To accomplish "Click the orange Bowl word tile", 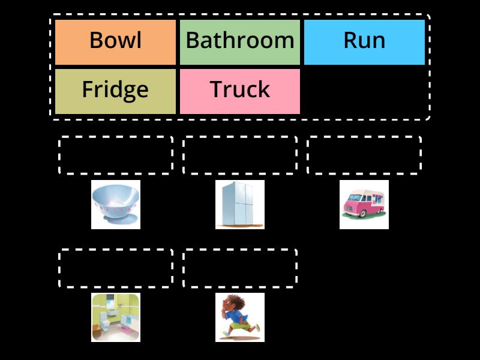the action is [115, 42].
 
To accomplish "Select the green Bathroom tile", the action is [240, 42].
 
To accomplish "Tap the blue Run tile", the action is [364, 42].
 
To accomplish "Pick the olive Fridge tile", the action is [115, 91].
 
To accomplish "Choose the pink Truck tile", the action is [240, 91].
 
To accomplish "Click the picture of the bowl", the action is [116, 205].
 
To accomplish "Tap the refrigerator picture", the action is [240, 205].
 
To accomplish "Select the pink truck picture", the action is [364, 205].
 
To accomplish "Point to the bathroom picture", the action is [116, 317].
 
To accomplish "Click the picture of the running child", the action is [240, 317].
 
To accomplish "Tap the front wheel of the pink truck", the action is [363, 214].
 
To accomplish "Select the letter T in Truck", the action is [217, 89].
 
